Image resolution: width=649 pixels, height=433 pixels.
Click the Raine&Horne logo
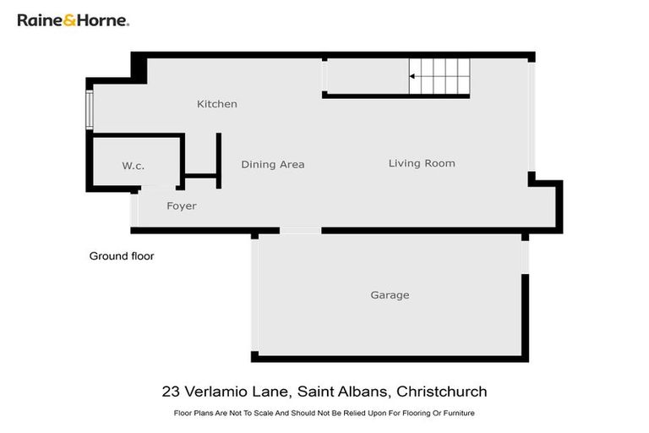tap(73, 19)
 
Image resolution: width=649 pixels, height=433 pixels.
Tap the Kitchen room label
tap(217, 104)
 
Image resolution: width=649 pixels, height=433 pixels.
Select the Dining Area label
tap(272, 164)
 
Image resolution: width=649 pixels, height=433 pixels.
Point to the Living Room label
tap(422, 163)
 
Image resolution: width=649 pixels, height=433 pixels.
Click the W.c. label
tap(134, 166)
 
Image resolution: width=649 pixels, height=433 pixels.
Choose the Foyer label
tap(181, 206)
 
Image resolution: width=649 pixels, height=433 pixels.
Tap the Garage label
tap(390, 295)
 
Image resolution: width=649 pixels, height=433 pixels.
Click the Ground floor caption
tap(122, 255)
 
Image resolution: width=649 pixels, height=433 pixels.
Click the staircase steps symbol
tap(439, 76)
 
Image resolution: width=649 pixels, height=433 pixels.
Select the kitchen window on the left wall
tap(90, 106)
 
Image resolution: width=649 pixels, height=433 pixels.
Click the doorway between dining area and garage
tap(300, 230)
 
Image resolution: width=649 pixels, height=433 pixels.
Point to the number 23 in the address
tap(171, 392)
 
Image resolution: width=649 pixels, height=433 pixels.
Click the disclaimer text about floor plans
tap(324, 413)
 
